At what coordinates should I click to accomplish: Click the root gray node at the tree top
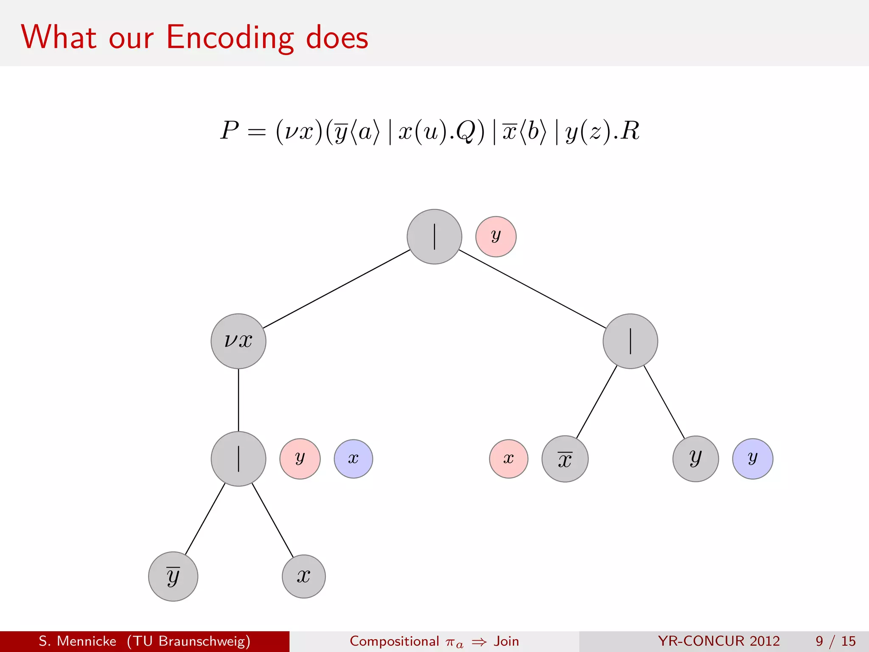click(x=434, y=236)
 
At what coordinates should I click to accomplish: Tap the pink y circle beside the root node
click(x=496, y=236)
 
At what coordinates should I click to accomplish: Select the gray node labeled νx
click(x=238, y=341)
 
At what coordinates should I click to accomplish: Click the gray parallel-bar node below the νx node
click(x=238, y=458)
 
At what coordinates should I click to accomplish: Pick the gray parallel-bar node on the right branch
click(x=630, y=341)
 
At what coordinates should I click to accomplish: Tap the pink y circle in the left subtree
click(x=300, y=458)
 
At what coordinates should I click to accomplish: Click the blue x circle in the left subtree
click(x=353, y=458)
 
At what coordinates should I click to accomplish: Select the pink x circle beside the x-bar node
click(x=508, y=458)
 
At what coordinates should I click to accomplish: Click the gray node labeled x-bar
click(x=565, y=458)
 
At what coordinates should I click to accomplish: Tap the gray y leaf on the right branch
click(x=695, y=458)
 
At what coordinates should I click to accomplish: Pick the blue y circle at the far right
click(x=752, y=458)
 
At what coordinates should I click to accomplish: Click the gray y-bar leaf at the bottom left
click(x=173, y=576)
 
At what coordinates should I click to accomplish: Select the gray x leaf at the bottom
click(x=304, y=576)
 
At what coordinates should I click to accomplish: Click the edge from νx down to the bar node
click(x=238, y=400)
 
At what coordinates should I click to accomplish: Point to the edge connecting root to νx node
click(x=336, y=289)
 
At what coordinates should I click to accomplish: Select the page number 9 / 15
click(x=835, y=641)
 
